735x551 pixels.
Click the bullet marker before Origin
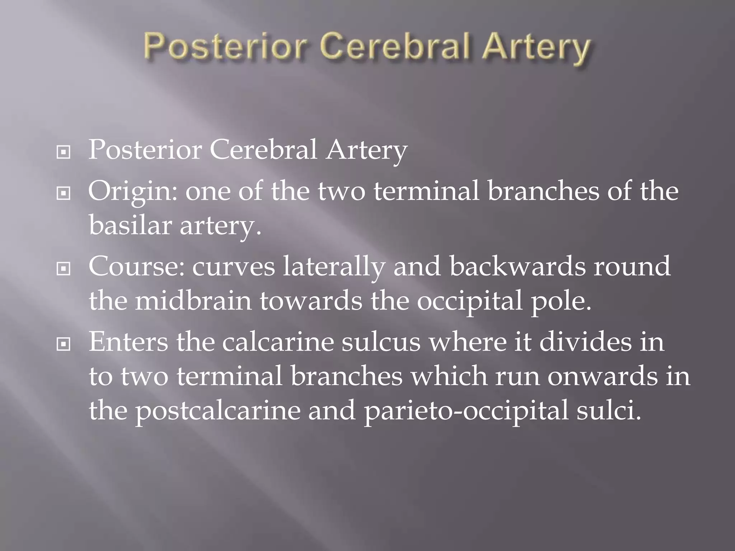pyautogui.click(x=64, y=194)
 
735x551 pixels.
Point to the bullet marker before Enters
pyautogui.click(x=64, y=345)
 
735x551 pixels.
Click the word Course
pyautogui.click(x=137, y=266)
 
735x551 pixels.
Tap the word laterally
pyautogui.click(x=334, y=267)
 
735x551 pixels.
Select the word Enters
pyautogui.click(x=128, y=342)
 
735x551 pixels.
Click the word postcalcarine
pyautogui.click(x=217, y=411)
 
